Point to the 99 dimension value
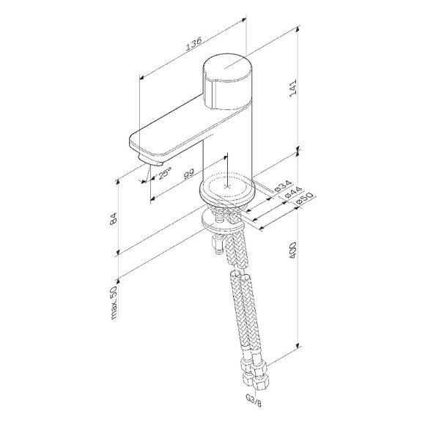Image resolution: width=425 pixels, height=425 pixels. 188,174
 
